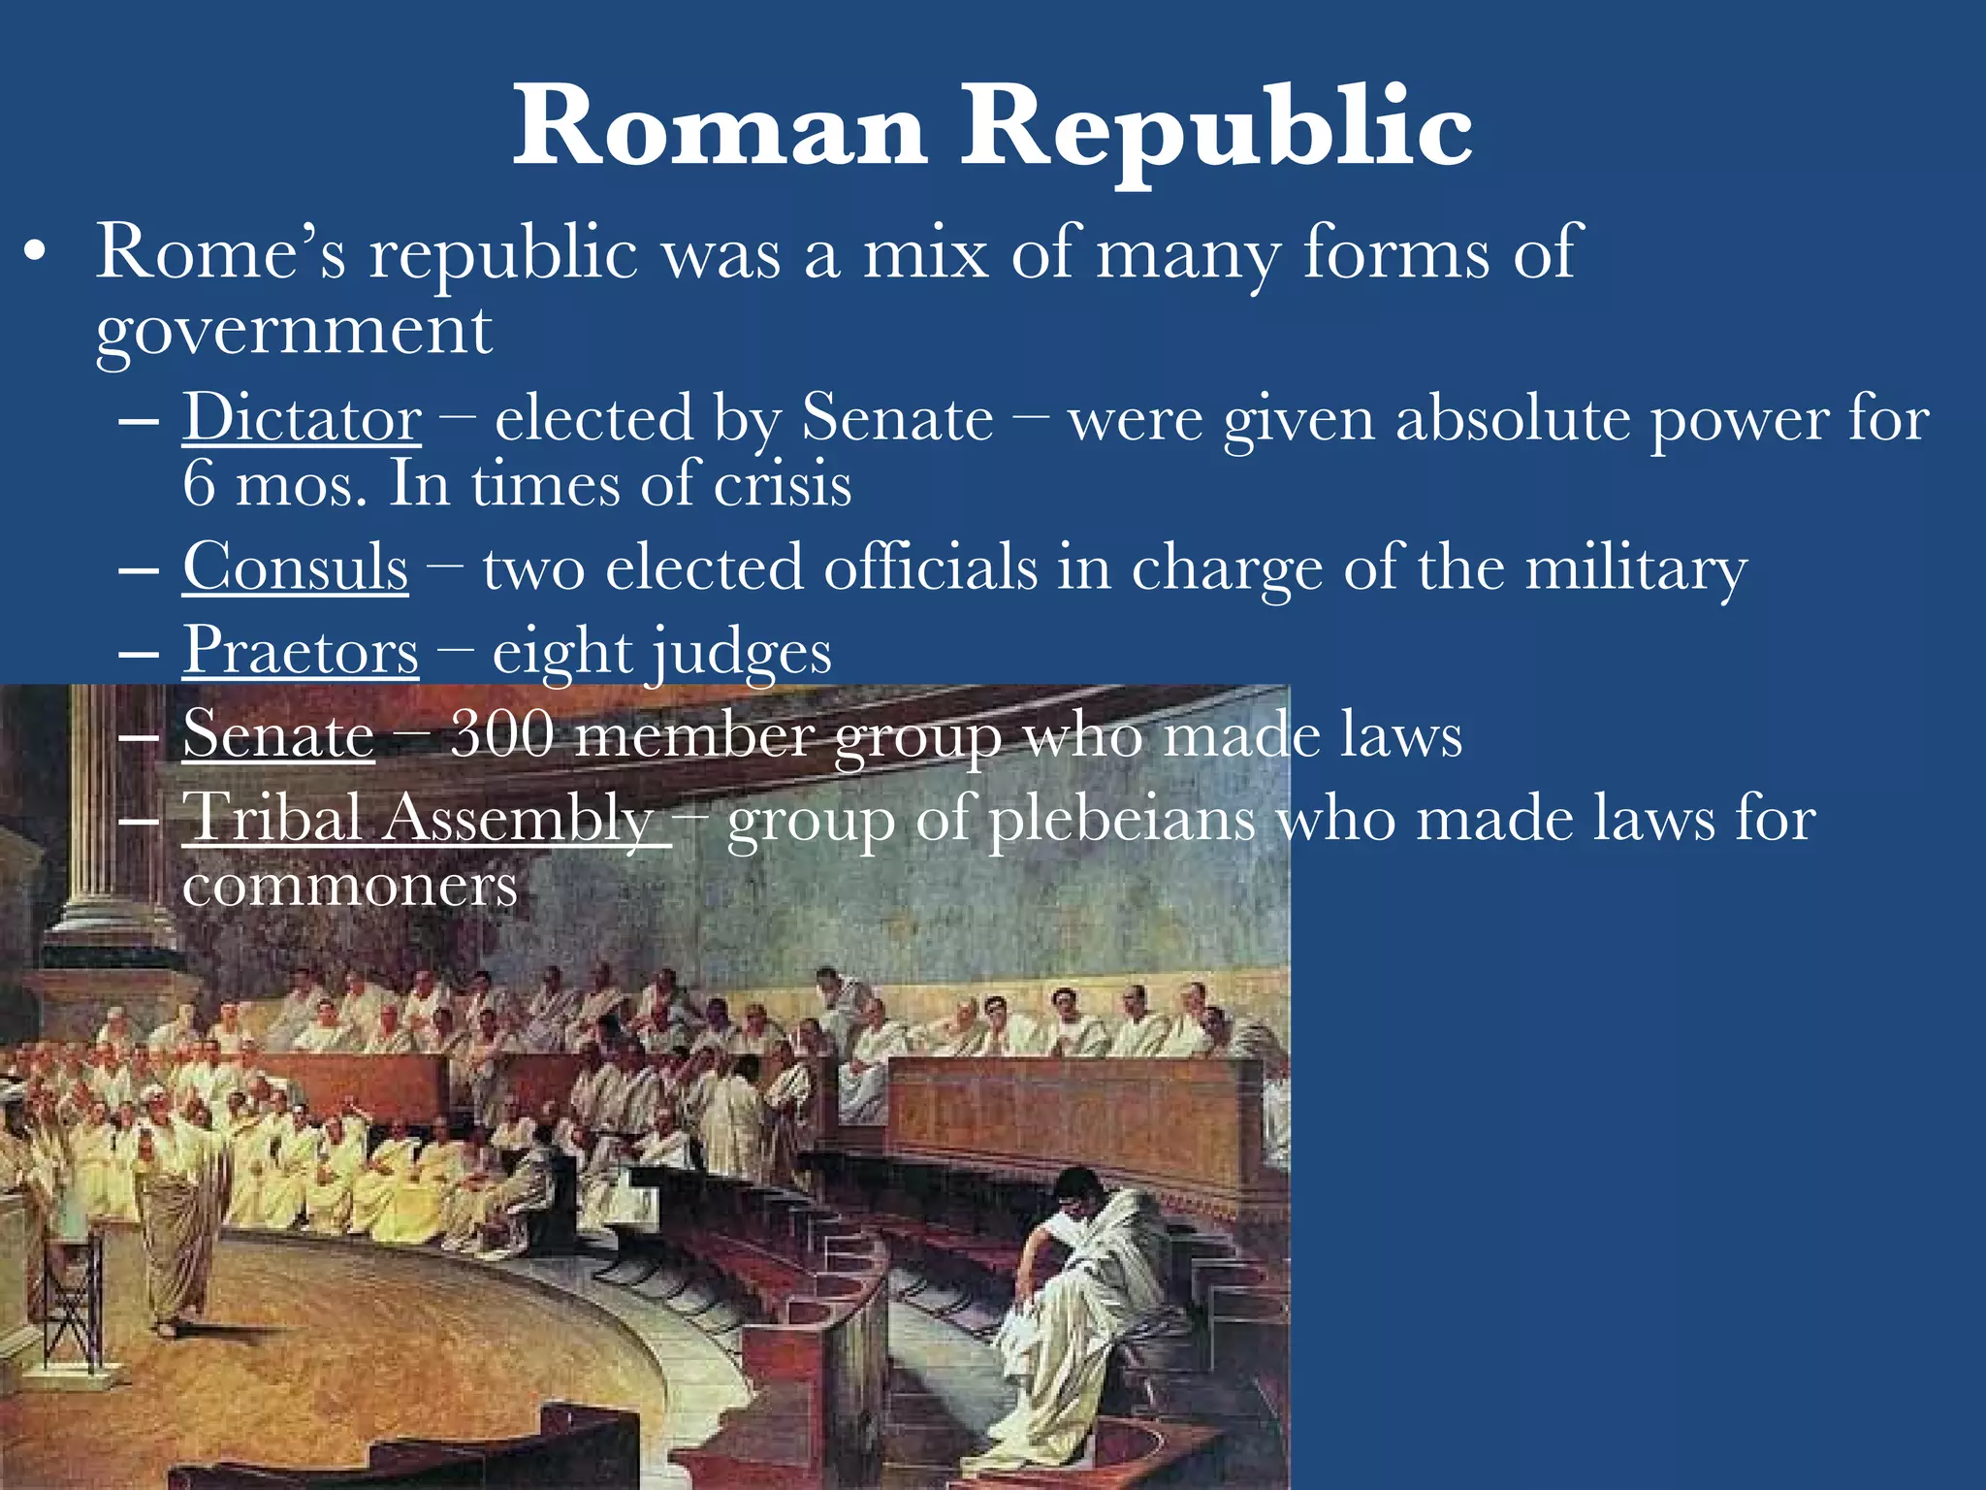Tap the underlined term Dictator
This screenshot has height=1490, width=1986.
(302, 418)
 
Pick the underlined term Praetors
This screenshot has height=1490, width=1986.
(301, 650)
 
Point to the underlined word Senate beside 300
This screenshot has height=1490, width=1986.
(278, 734)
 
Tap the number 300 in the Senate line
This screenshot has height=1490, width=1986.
(502, 734)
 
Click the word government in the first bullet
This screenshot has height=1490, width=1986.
(294, 332)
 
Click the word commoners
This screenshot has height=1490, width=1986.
(349, 885)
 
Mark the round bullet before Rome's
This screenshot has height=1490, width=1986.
(35, 254)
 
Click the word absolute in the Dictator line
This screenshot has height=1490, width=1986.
(1513, 419)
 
